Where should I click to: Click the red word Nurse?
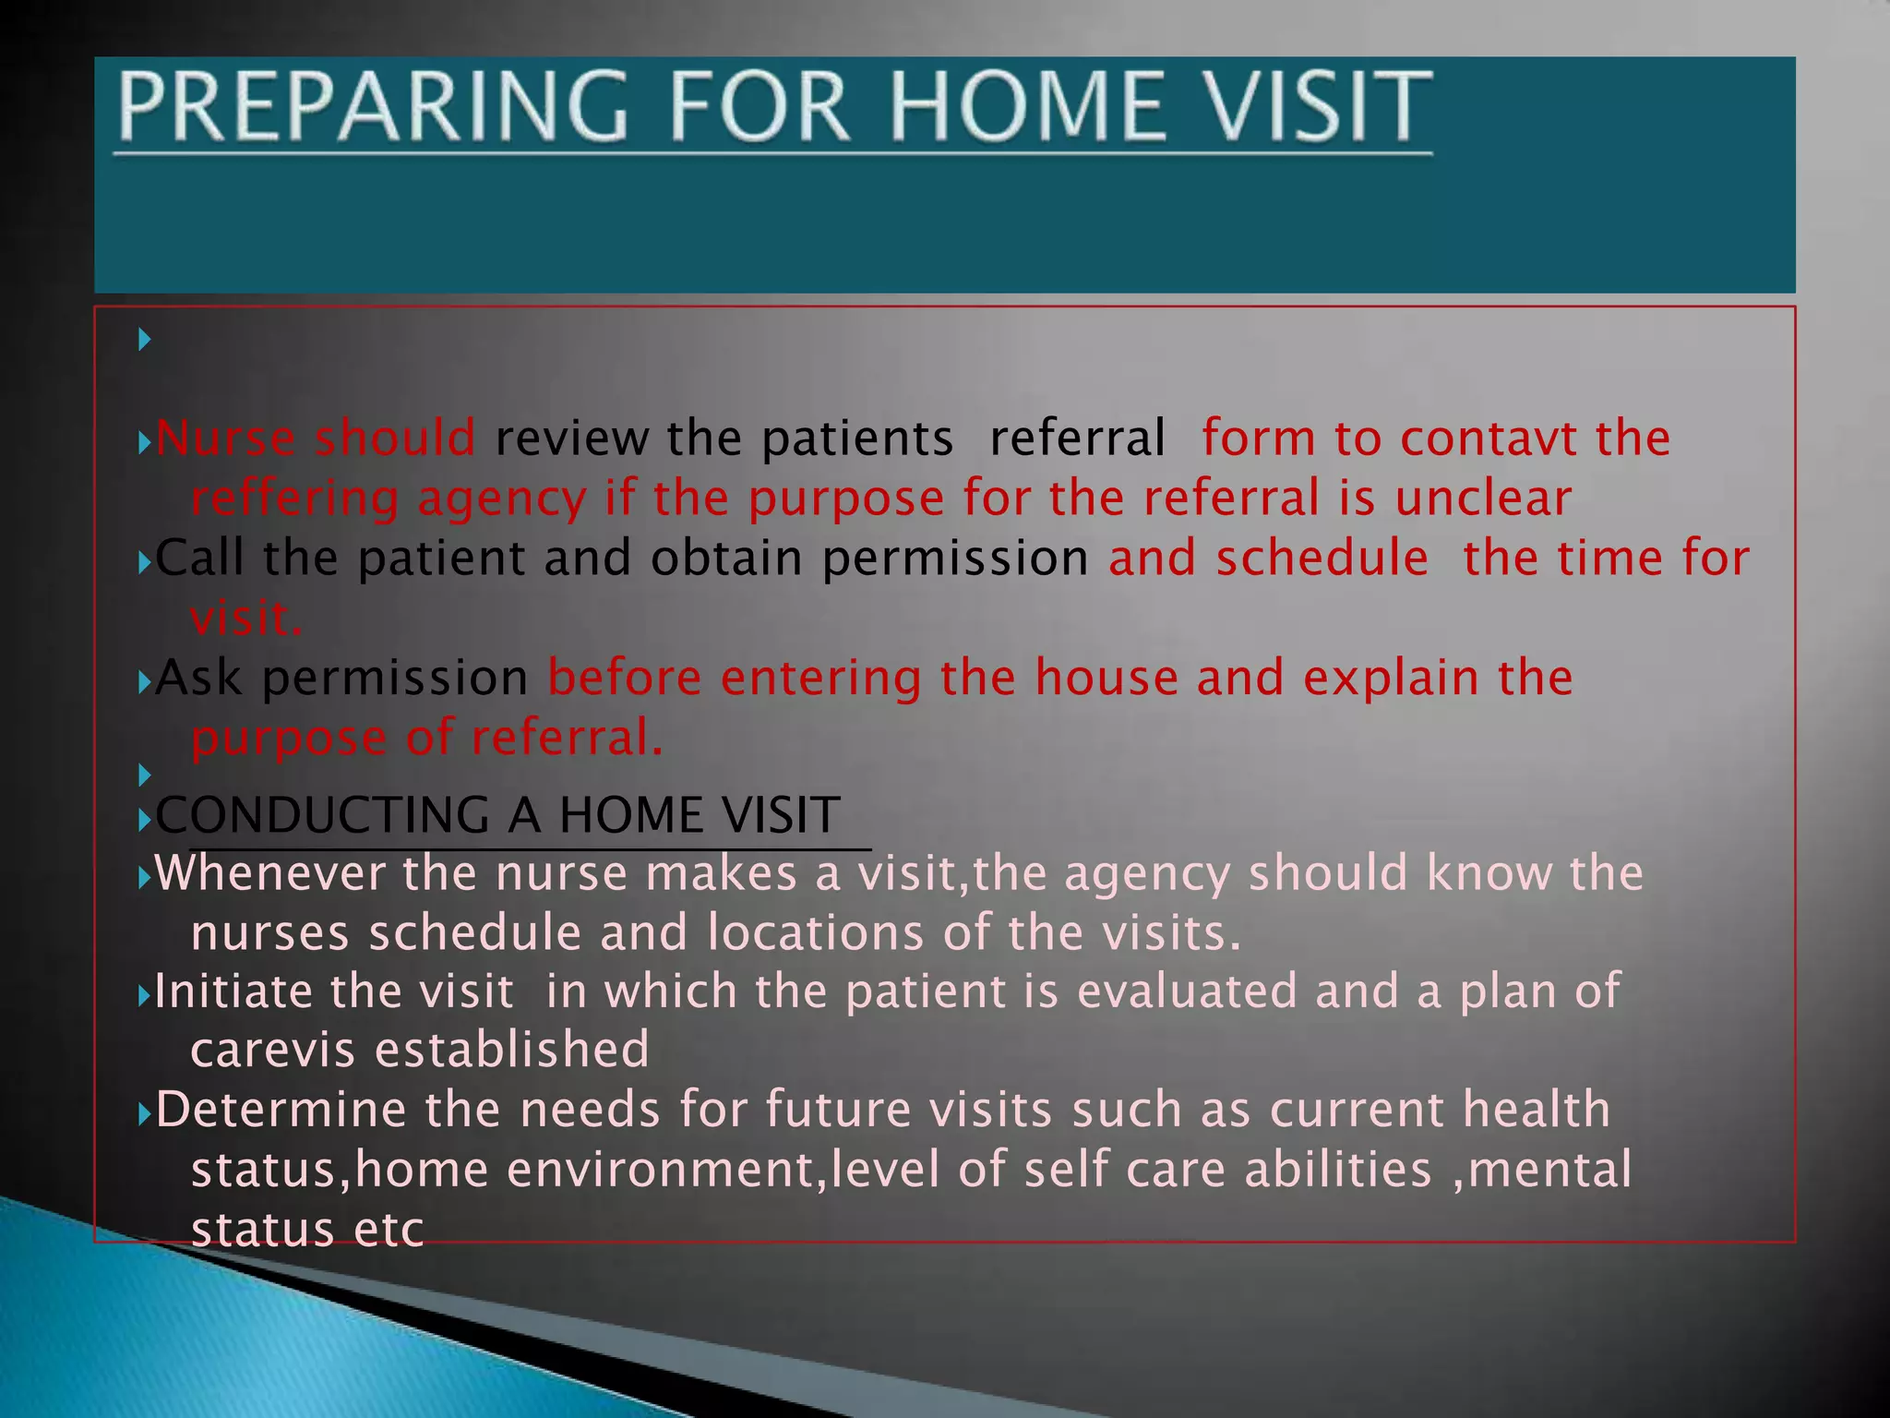click(225, 438)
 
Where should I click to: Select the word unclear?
click(1482, 499)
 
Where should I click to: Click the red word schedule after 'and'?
click(1322, 558)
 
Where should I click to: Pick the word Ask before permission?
click(199, 678)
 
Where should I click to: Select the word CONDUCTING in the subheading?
click(323, 815)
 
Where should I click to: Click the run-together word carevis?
click(273, 1051)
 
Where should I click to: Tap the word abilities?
click(1337, 1170)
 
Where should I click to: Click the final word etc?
click(389, 1230)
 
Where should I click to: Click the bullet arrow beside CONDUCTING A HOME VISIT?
click(144, 819)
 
